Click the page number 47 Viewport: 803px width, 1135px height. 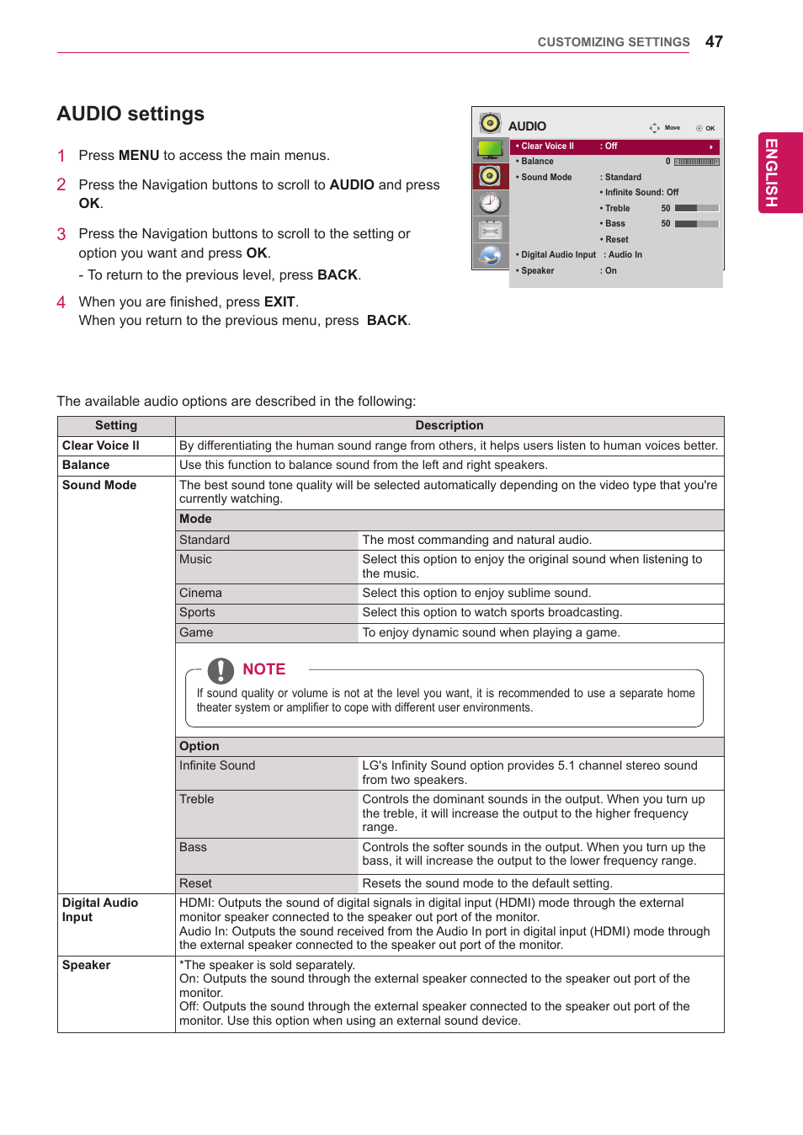[714, 41]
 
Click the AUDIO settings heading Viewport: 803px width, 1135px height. [130, 114]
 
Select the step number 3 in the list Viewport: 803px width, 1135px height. [61, 234]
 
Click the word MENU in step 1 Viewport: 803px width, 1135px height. [139, 156]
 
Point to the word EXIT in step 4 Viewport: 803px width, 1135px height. [279, 302]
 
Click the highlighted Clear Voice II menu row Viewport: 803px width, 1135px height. [614, 147]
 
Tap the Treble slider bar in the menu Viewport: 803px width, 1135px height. [696, 208]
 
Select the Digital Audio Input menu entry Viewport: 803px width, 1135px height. [558, 254]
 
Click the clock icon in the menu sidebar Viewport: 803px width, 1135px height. [490, 203]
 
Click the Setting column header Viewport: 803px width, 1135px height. [116, 426]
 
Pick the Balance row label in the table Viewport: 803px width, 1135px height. [86, 466]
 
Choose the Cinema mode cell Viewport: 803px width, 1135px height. [200, 594]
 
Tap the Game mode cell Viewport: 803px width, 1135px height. [196, 633]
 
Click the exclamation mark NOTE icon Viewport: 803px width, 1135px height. [221, 670]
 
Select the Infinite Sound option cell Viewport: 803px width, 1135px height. [217, 766]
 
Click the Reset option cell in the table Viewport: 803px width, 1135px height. [195, 884]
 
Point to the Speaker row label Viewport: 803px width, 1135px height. [86, 966]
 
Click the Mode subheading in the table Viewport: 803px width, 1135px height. [195, 520]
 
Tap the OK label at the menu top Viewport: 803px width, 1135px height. [710, 129]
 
